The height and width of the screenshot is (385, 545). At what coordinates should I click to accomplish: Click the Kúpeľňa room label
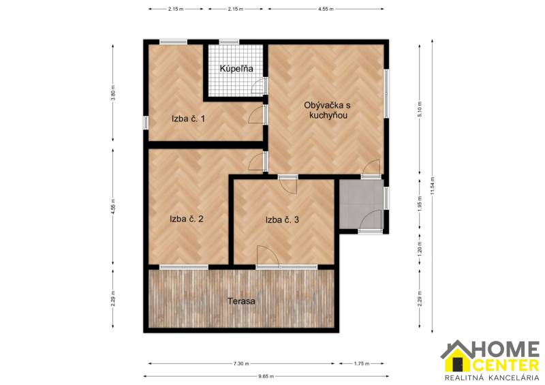pyautogui.click(x=236, y=69)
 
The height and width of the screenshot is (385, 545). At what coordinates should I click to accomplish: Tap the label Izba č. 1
pyautogui.click(x=189, y=119)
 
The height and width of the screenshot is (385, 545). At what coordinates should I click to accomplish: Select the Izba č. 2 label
pyautogui.click(x=187, y=219)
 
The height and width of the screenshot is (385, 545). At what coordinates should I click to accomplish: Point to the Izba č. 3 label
pyautogui.click(x=283, y=219)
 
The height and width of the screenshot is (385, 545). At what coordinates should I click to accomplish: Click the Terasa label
pyautogui.click(x=242, y=301)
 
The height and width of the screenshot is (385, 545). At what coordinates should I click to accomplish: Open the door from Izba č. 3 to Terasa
pyautogui.click(x=268, y=257)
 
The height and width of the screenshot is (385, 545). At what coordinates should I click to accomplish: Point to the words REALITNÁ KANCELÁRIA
pyautogui.click(x=490, y=378)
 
